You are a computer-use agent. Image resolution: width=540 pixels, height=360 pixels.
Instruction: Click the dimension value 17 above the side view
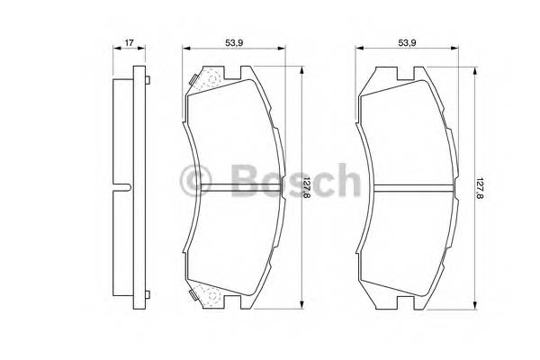[130, 41]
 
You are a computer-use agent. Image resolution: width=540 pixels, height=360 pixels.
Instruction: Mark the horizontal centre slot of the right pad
[410, 187]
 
